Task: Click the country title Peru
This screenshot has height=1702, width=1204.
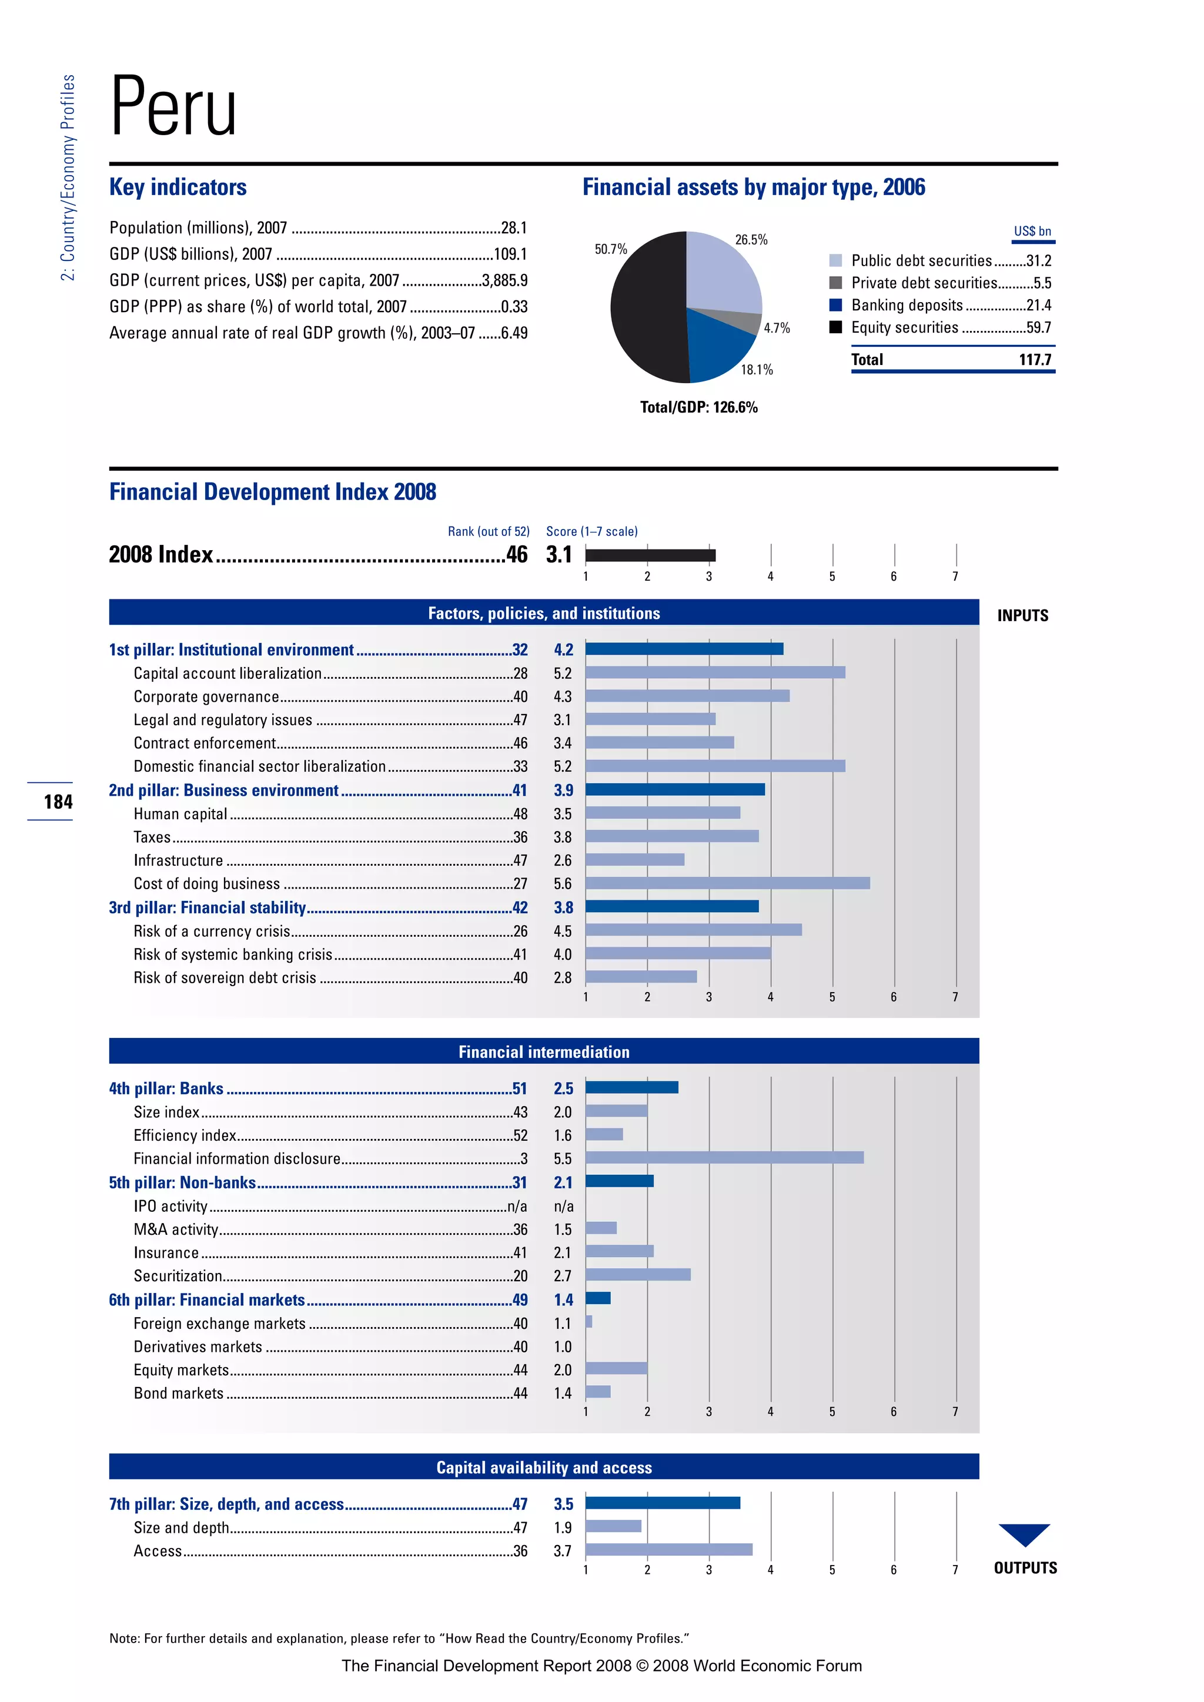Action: [173, 108]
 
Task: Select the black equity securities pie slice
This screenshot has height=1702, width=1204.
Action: [645, 311]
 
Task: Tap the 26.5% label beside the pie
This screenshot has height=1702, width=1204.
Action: [751, 239]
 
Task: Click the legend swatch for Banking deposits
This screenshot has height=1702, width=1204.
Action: [835, 304]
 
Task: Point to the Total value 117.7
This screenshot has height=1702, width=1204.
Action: [1035, 360]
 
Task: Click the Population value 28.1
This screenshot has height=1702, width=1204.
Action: [514, 227]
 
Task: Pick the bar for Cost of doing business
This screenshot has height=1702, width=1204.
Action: [727, 883]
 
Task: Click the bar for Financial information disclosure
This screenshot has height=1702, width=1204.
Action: [724, 1157]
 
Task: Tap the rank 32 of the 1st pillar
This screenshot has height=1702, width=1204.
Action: [520, 649]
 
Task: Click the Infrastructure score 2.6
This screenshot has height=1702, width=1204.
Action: [563, 860]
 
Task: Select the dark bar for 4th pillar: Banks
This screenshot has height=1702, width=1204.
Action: [631, 1087]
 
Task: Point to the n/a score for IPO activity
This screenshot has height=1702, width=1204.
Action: [563, 1206]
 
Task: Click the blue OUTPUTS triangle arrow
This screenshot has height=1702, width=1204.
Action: [1024, 1533]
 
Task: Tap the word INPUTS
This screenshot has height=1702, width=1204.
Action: [1022, 615]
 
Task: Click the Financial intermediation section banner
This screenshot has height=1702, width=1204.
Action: [543, 1051]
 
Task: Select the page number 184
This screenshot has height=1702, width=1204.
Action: [58, 801]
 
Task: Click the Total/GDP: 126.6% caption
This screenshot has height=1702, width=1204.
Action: [698, 407]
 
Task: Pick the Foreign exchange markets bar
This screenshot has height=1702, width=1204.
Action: [588, 1321]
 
